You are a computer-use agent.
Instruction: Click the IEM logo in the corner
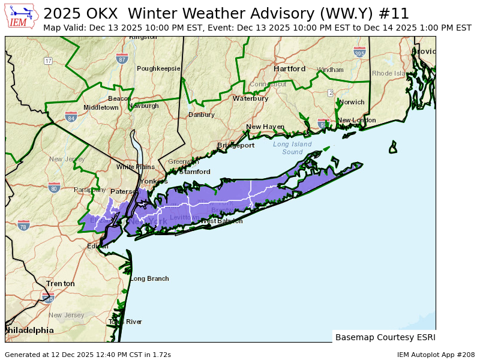[x=22, y=16]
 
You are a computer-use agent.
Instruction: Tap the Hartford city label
[x=289, y=69]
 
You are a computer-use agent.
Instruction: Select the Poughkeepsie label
[x=158, y=68]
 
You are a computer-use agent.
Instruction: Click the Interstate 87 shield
[x=122, y=58]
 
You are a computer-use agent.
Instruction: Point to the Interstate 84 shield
[x=71, y=116]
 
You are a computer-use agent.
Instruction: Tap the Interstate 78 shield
[x=23, y=225]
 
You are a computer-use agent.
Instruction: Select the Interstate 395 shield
[x=359, y=52]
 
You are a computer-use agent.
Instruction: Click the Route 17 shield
[x=48, y=61]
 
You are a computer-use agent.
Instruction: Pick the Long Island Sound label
[x=292, y=148]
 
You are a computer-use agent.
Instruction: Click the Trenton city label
[x=61, y=283]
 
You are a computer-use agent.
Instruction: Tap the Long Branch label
[x=149, y=278]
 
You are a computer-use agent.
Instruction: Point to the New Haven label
[x=265, y=127]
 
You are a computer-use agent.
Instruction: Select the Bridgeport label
[x=236, y=145]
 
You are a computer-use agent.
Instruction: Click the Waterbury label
[x=250, y=98]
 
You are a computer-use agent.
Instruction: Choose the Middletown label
[x=101, y=107]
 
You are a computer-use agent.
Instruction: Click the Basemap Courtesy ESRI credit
[x=385, y=337]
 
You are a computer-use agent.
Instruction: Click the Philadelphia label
[x=29, y=331]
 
